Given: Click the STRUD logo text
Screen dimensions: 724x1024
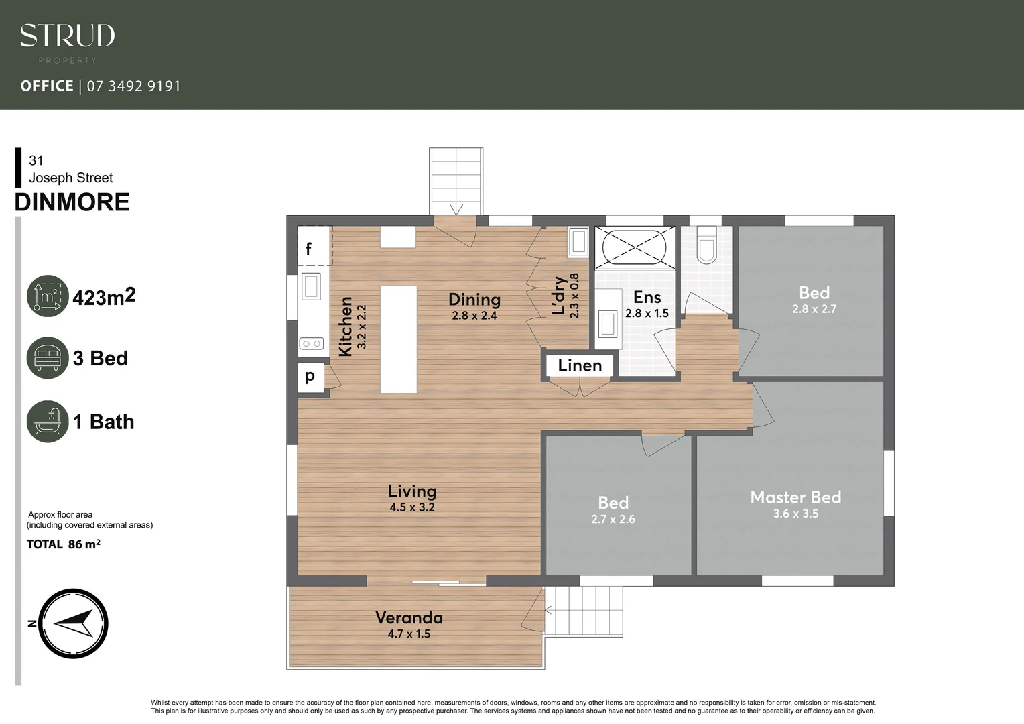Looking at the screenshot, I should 67,36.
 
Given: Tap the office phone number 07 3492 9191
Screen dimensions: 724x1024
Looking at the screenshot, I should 133,86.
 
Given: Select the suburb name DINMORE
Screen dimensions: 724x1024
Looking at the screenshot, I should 72,202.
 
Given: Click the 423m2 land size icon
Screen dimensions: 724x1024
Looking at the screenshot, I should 48,296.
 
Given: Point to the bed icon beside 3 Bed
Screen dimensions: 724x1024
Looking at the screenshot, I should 48,358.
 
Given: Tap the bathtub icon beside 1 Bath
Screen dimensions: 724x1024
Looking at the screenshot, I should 48,422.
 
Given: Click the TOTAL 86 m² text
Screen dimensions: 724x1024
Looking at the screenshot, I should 63,544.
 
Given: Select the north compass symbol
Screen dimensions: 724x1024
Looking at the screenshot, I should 73,623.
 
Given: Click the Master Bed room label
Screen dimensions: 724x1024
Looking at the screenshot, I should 795,497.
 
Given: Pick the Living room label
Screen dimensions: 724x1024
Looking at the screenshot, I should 411,491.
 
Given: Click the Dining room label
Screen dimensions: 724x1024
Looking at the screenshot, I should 474,300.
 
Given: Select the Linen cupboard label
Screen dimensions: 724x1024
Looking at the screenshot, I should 580,365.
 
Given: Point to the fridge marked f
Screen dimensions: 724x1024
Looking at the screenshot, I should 310,248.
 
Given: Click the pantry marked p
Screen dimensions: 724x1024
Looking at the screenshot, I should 310,377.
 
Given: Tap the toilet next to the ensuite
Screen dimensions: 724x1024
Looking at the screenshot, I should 706,245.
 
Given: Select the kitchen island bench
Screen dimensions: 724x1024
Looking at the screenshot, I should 399,339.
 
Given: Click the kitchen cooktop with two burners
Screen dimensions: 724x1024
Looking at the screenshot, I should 311,344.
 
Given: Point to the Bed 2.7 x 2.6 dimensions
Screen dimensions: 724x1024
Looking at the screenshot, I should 613,519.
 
